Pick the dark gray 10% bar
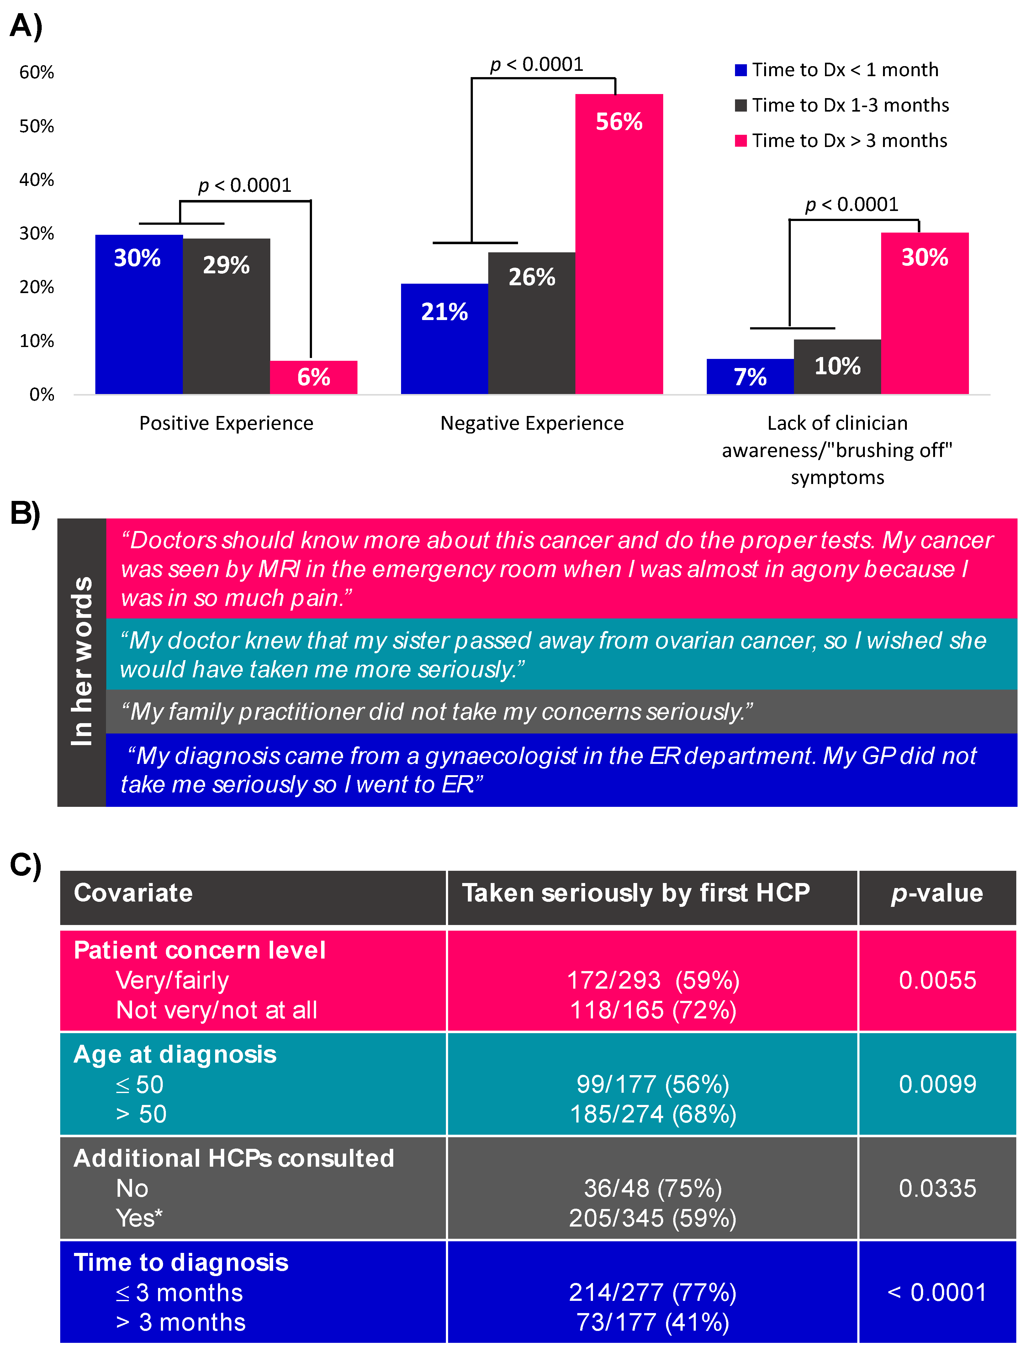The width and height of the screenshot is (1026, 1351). [x=837, y=366]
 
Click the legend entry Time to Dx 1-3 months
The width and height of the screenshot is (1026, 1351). [x=849, y=105]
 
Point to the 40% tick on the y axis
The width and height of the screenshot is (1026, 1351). [x=37, y=180]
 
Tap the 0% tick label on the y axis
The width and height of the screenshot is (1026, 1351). [x=42, y=395]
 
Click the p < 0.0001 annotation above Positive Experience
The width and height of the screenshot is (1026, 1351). [x=245, y=185]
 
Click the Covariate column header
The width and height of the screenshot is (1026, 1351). [x=133, y=893]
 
